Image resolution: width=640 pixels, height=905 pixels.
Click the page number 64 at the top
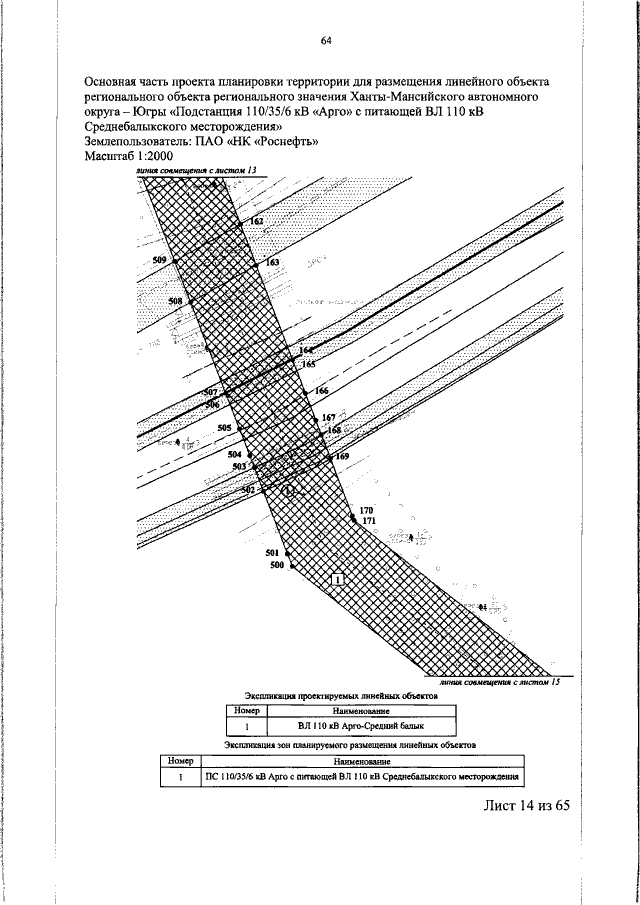[x=326, y=40]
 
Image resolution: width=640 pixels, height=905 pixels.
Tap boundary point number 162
[x=257, y=220]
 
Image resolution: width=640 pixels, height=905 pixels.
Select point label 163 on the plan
[x=272, y=262]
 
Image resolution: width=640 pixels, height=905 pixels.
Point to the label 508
[x=175, y=301]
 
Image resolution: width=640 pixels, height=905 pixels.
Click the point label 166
[x=321, y=390]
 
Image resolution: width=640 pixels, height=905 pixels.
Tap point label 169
[x=342, y=456]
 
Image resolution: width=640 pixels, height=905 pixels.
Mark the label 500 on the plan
[x=277, y=565]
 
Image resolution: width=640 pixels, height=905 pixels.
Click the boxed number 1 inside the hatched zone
[x=338, y=579]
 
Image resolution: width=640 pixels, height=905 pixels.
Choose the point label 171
[x=368, y=522]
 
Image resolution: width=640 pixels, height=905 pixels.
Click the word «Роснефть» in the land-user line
[x=288, y=142]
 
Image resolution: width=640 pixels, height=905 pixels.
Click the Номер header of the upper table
[x=246, y=710]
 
